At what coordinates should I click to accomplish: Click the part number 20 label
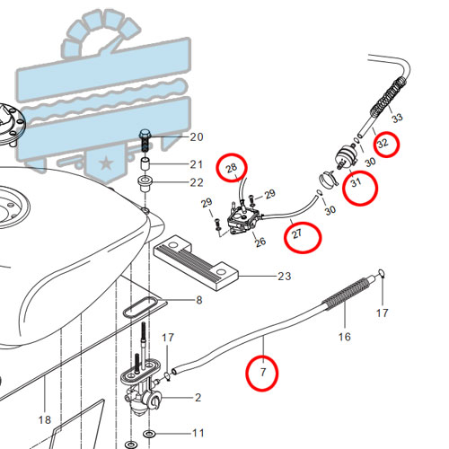click(197, 137)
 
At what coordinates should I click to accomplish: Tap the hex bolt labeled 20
click(145, 140)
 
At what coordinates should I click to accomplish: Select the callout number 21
click(197, 164)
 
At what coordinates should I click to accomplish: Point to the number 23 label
click(285, 276)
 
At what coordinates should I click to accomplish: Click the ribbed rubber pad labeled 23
click(196, 263)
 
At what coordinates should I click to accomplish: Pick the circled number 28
click(232, 168)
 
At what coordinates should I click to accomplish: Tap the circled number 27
click(297, 233)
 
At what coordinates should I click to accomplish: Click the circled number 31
click(356, 182)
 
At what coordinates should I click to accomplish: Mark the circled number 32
click(383, 144)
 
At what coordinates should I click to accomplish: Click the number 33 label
click(397, 118)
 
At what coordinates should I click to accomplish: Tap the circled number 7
click(263, 372)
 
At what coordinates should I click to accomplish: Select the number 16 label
click(345, 337)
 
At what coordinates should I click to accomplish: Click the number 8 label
click(199, 300)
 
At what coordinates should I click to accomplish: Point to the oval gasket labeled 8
click(139, 307)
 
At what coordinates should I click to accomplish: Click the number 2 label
click(198, 398)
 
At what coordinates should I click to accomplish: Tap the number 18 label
click(45, 420)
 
